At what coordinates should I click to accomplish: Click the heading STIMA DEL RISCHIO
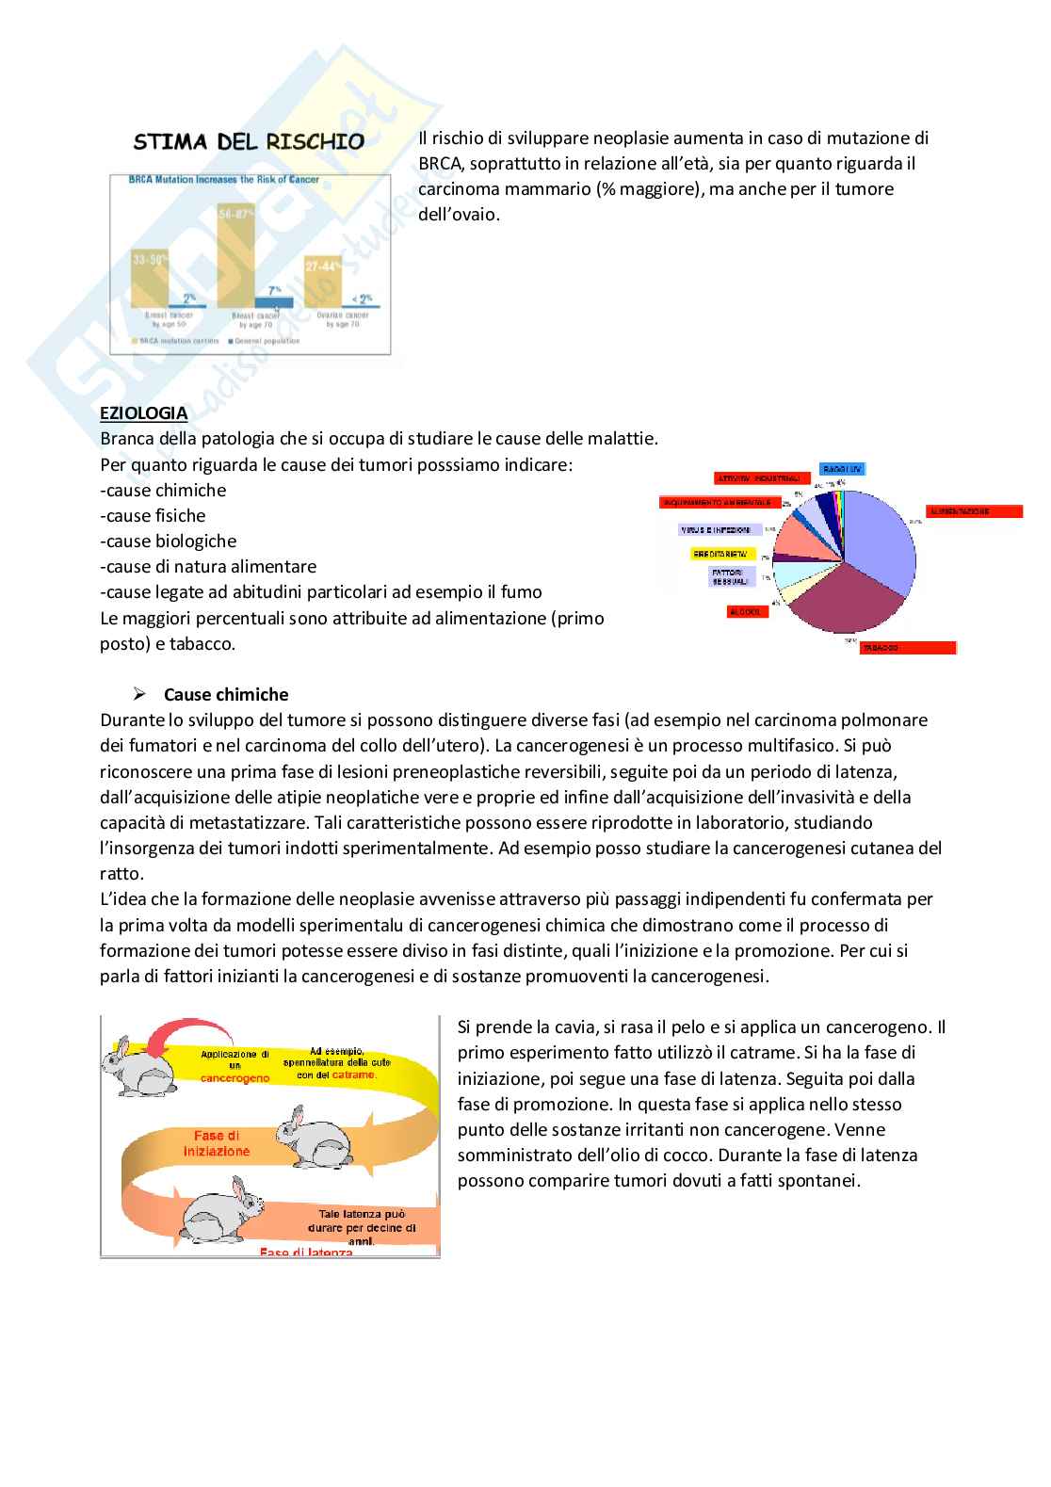pyautogui.click(x=249, y=142)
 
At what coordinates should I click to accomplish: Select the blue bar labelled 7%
pyautogui.click(x=274, y=302)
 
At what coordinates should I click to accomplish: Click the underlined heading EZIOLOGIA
pyautogui.click(x=144, y=413)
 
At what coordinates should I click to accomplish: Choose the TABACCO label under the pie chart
pyautogui.click(x=907, y=648)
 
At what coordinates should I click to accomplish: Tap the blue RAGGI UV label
pyautogui.click(x=841, y=469)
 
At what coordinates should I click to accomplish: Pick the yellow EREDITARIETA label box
pyautogui.click(x=721, y=554)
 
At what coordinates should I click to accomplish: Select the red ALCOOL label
pyautogui.click(x=748, y=612)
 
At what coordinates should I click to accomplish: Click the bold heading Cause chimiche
pyautogui.click(x=226, y=695)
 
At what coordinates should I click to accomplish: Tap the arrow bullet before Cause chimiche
pyautogui.click(x=139, y=695)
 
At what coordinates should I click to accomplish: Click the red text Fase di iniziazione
pyautogui.click(x=217, y=1143)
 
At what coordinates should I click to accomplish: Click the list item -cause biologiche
pyautogui.click(x=168, y=541)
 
